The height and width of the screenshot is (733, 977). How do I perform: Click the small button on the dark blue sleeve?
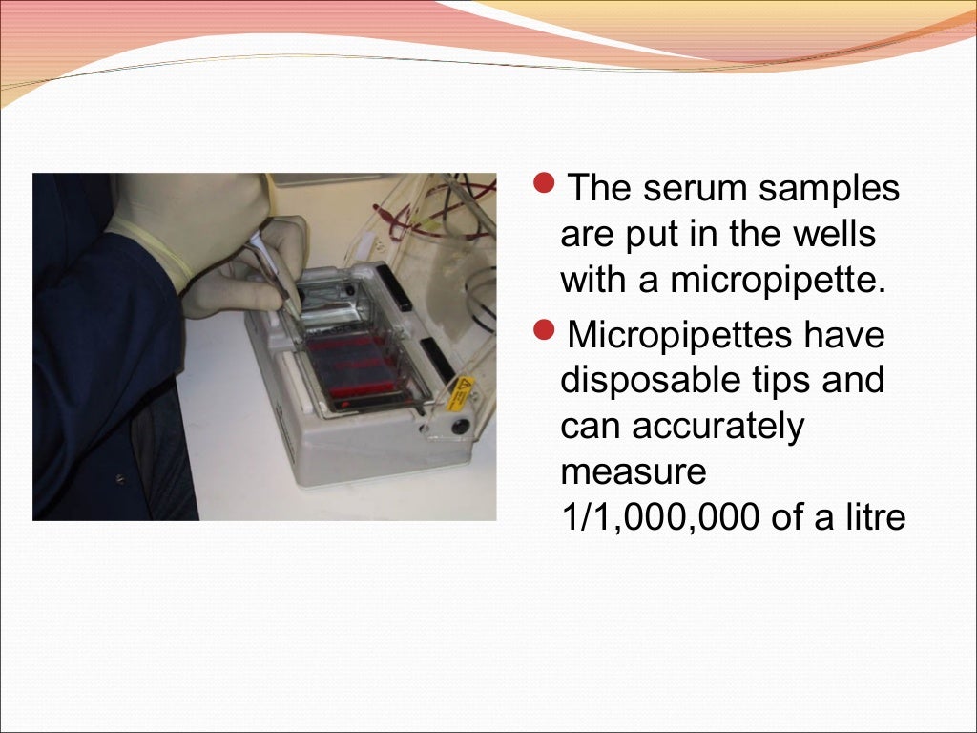coord(119,477)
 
